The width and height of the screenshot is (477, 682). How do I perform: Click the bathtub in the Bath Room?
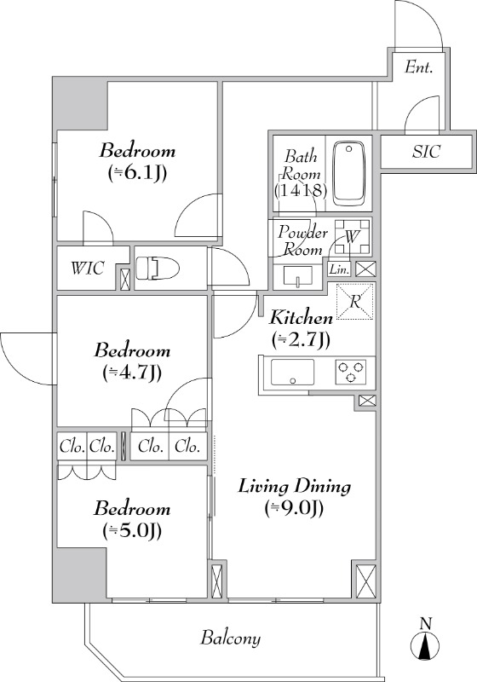point(349,173)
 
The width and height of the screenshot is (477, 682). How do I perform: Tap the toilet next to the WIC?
point(158,269)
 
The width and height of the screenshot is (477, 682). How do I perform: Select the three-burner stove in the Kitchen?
point(351,373)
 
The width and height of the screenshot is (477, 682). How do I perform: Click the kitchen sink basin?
point(292,373)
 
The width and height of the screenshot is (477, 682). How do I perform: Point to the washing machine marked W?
point(353,237)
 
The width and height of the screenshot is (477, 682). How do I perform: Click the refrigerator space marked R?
point(355,301)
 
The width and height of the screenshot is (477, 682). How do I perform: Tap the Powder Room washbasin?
point(298,275)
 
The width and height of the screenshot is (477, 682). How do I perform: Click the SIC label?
point(426,151)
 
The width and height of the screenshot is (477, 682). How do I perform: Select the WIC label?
point(88,268)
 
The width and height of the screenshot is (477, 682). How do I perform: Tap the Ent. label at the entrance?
point(418,67)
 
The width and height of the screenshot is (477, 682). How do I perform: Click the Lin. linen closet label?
point(339,269)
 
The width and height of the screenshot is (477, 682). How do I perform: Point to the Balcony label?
point(230,639)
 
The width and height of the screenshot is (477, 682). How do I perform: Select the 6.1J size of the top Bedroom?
point(137,174)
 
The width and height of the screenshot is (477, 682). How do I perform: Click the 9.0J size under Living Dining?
point(294,507)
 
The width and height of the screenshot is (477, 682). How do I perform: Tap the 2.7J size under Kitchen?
point(301,338)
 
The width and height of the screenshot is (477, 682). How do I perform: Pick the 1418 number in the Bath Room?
point(301,190)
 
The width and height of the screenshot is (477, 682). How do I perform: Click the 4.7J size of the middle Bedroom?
point(133,373)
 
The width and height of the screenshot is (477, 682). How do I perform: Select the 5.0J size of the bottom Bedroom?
point(133,529)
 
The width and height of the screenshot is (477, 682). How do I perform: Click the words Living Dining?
point(295,486)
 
